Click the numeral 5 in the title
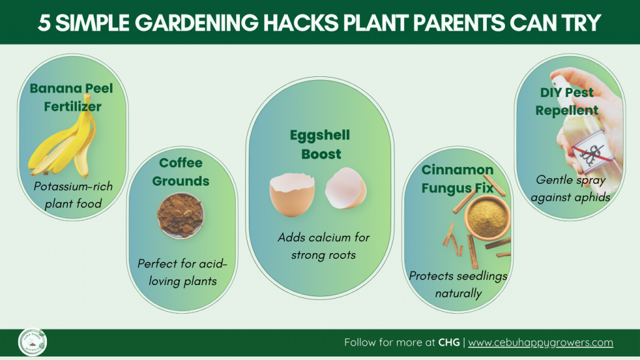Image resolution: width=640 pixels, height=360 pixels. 44,23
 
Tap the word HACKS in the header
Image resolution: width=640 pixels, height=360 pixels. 301,23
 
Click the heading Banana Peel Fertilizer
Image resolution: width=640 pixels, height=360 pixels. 71,97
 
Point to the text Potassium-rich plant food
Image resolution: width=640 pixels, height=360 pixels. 73,195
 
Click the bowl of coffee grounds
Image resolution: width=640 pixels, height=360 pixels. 181,216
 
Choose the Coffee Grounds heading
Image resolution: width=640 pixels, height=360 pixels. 181,172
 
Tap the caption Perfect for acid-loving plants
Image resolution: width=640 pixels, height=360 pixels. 182,272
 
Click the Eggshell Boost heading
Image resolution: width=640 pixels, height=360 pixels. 320,144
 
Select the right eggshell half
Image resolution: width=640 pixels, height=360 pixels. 346,188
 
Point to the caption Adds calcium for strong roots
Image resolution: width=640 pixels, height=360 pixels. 324,246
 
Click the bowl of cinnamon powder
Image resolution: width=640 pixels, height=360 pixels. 487,217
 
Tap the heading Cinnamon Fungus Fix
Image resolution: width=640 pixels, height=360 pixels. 457,179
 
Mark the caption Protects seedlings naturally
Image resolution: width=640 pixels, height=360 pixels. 458,284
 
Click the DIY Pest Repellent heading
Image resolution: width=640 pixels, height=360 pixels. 567,101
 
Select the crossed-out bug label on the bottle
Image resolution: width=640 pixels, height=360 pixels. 592,153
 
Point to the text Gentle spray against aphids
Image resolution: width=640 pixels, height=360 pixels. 571,188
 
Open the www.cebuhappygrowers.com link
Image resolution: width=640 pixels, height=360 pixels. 541,342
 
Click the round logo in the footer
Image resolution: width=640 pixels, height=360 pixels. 32,342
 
